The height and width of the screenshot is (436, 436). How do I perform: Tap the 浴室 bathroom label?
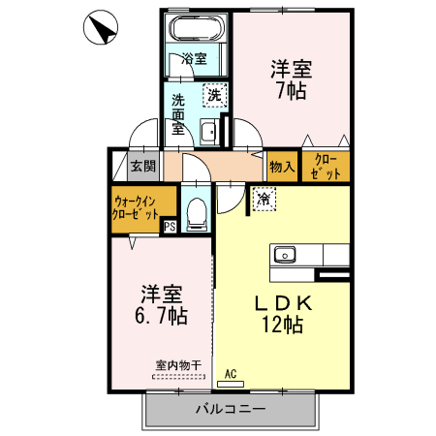(x=194, y=59)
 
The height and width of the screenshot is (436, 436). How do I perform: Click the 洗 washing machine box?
(x=214, y=95)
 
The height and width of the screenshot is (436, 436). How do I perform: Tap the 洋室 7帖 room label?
(x=289, y=79)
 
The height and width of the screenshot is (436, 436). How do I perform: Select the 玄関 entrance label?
(x=143, y=166)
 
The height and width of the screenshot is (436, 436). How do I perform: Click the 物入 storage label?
(x=282, y=167)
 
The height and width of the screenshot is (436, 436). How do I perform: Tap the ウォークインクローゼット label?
(x=135, y=206)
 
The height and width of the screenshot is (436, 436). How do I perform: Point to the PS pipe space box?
(x=170, y=228)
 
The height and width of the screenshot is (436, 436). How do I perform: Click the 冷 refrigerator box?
(x=264, y=199)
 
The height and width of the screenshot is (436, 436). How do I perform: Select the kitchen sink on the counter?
(x=285, y=255)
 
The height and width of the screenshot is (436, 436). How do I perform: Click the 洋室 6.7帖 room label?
(x=161, y=303)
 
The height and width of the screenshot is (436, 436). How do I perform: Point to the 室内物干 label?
(x=178, y=365)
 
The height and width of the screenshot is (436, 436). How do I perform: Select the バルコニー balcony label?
(x=233, y=411)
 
